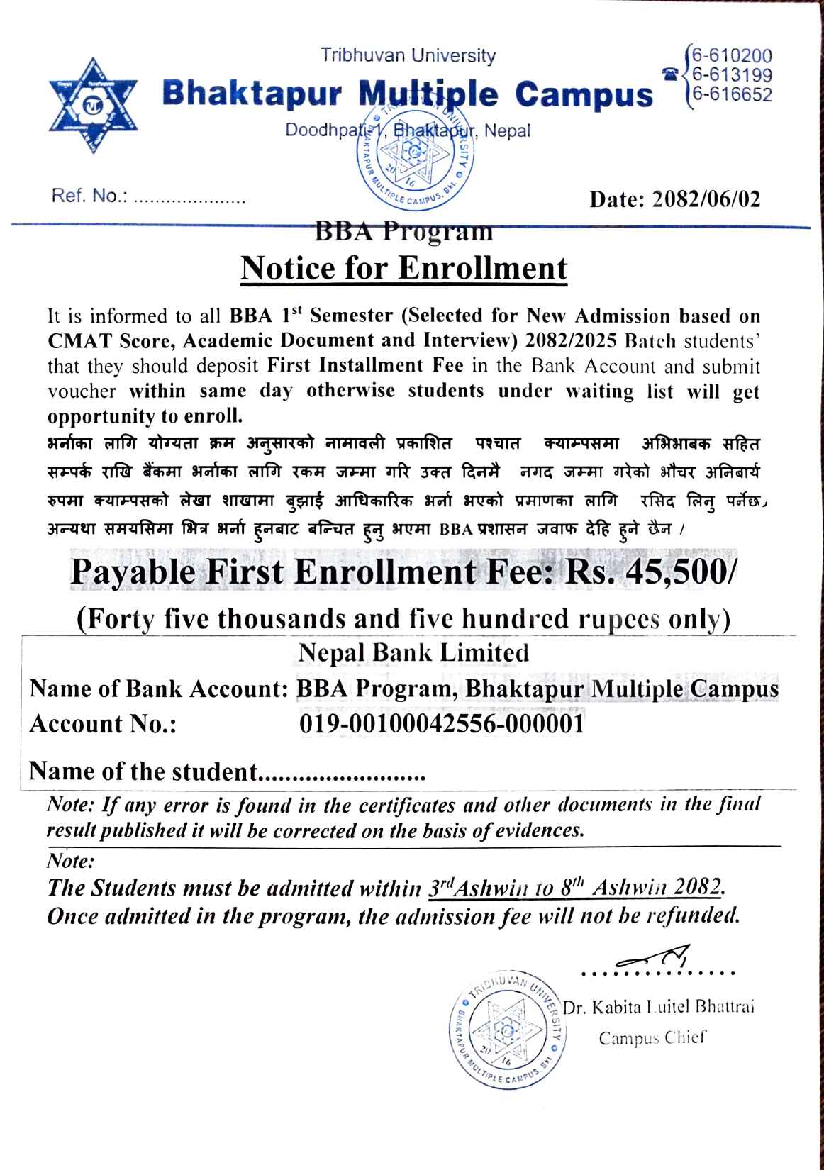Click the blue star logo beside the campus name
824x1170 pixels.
pyautogui.click(x=92, y=105)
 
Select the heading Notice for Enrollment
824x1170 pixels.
pyautogui.click(x=404, y=268)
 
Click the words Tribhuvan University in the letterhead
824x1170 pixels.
pyautogui.click(x=408, y=55)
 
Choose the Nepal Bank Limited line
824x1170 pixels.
pyautogui.click(x=413, y=652)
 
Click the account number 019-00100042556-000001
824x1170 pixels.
pyautogui.click(x=442, y=724)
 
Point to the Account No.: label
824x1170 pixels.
pyautogui.click(x=103, y=724)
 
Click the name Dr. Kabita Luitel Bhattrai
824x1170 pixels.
pyautogui.click(x=658, y=1006)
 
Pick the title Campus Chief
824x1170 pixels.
pyautogui.click(x=652, y=1038)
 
